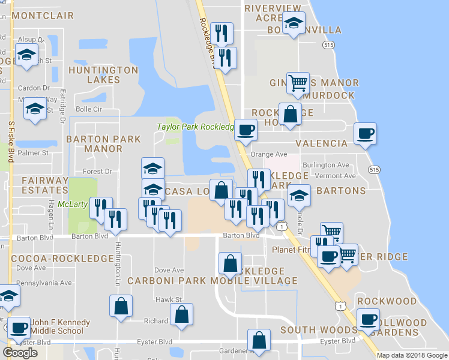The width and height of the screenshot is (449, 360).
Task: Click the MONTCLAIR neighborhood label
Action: point(42,16)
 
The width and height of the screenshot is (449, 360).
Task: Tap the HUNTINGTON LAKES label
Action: point(103,74)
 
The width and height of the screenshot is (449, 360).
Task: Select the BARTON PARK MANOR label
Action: point(103,143)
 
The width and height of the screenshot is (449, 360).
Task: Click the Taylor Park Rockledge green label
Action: point(194,127)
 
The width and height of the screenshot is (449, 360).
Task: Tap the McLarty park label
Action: point(72,205)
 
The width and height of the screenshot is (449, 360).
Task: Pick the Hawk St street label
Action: point(169,299)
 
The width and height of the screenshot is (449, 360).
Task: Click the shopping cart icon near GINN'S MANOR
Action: point(298,83)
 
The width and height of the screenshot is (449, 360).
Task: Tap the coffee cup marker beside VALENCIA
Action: point(365,133)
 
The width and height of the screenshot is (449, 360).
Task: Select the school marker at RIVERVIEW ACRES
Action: point(294,24)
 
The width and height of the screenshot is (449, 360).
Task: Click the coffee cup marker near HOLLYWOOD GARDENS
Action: point(367,319)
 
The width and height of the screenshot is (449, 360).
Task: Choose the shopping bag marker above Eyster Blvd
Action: point(259,340)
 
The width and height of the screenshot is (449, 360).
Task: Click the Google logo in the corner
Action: point(20,353)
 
